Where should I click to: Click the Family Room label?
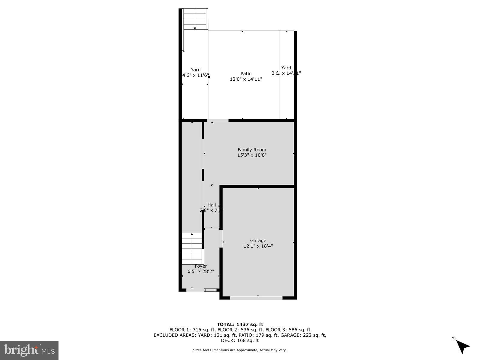[x=252, y=150]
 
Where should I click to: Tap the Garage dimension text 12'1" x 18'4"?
[x=258, y=246]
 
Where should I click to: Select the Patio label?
[x=246, y=73]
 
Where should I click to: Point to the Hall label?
[x=211, y=205]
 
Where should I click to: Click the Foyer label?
[x=201, y=266]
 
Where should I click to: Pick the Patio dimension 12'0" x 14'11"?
[x=246, y=79]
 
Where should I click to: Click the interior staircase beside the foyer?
[x=192, y=248]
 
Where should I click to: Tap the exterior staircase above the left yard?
[x=195, y=19]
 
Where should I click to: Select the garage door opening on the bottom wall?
[x=256, y=298]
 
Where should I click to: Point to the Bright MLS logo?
[x=29, y=350]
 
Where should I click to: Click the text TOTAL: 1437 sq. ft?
[x=240, y=324]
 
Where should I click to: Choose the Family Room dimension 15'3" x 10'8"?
[x=252, y=155]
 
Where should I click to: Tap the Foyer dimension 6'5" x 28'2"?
[x=201, y=271]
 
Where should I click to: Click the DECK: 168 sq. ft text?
[x=240, y=340]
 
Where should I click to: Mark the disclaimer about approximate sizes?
[x=240, y=350]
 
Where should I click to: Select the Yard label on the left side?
[x=196, y=70]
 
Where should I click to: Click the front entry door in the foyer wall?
[x=210, y=290]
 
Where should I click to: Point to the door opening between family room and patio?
[x=218, y=121]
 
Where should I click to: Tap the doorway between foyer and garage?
[x=221, y=238]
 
